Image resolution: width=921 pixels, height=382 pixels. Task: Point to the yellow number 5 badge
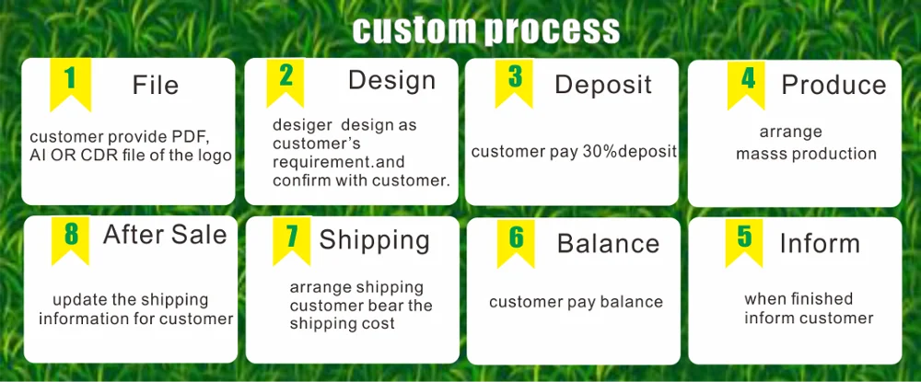tap(744, 240)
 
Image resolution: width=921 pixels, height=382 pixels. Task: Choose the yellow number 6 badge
tap(516, 240)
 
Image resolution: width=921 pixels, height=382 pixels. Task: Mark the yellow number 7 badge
tap(291, 238)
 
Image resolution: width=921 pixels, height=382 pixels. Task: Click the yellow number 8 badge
tap(70, 237)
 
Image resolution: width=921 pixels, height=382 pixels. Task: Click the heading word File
tap(155, 86)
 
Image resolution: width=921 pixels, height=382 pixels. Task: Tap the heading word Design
tap(391, 80)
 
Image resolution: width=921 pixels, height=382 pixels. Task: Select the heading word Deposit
tap(602, 85)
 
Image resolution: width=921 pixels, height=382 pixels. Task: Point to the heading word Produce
tap(834, 85)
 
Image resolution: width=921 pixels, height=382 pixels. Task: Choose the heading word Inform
tap(820, 243)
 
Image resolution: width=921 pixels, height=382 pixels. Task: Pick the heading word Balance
tap(608, 244)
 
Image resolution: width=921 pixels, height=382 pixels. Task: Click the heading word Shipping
tap(374, 240)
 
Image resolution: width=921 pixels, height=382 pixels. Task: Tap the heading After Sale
tap(165, 235)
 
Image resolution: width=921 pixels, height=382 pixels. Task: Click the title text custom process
tap(486, 29)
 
